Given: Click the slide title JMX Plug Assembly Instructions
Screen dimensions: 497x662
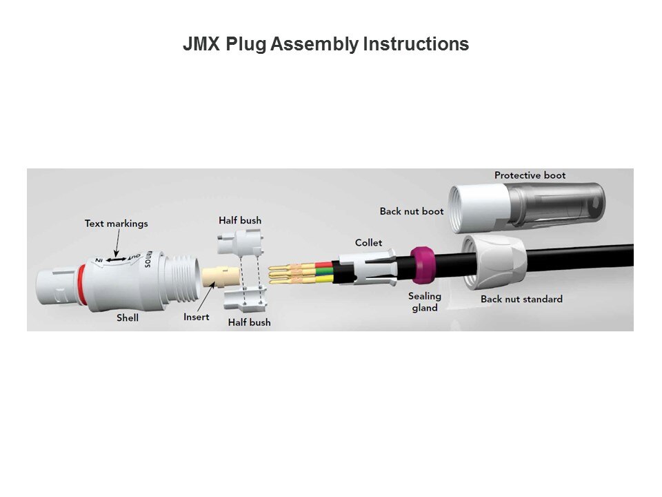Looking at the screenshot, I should pyautogui.click(x=325, y=45).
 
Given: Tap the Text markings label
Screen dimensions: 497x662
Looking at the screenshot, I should pyautogui.click(x=116, y=224).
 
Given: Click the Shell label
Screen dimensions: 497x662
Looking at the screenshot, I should pyautogui.click(x=127, y=318).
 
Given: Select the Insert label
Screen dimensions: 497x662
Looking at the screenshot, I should pyautogui.click(x=197, y=318).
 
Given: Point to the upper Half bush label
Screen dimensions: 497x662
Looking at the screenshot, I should pyautogui.click(x=240, y=221).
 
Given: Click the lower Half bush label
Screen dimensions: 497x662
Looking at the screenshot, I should pyautogui.click(x=250, y=322).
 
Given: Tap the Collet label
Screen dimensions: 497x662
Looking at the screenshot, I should pyautogui.click(x=368, y=243).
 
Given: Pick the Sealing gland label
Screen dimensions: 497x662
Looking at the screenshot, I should pyautogui.click(x=425, y=302).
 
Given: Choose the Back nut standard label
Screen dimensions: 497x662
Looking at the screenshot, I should pyautogui.click(x=521, y=299).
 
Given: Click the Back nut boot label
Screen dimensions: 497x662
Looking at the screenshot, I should pyautogui.click(x=412, y=211).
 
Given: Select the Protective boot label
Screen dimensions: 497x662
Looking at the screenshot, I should pyautogui.click(x=530, y=175).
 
